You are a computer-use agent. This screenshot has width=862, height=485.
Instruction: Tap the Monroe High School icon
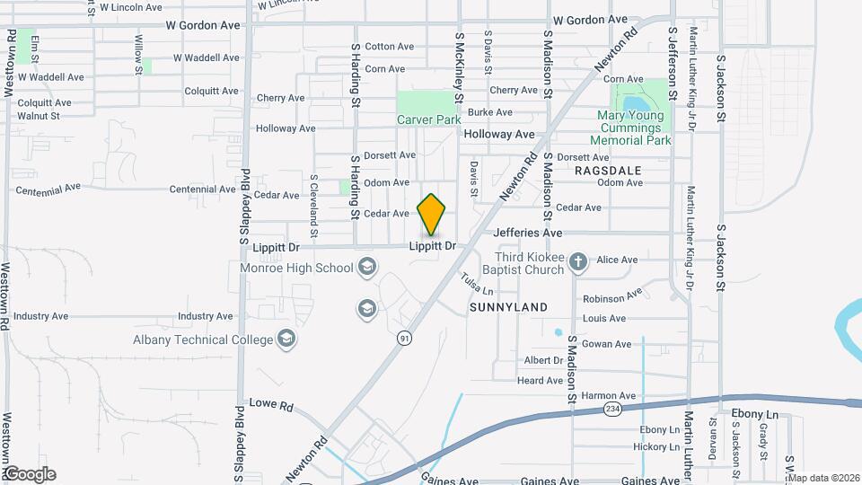[365, 267]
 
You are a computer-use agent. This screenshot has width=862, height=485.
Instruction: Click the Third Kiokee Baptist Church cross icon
[578, 261]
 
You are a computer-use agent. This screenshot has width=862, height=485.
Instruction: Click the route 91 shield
[405, 338]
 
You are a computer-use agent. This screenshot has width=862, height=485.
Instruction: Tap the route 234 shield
[612, 409]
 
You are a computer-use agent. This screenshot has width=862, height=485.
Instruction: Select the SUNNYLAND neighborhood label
[508, 307]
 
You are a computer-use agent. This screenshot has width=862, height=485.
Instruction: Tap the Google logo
[29, 473]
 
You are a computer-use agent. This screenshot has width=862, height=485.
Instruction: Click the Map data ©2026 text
[823, 477]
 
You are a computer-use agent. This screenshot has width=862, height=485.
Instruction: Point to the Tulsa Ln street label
[478, 285]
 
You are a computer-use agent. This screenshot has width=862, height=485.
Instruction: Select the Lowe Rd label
[271, 405]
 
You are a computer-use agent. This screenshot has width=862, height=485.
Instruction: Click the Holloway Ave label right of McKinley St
[499, 134]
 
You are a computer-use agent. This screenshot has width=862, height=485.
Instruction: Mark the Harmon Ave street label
[608, 395]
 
